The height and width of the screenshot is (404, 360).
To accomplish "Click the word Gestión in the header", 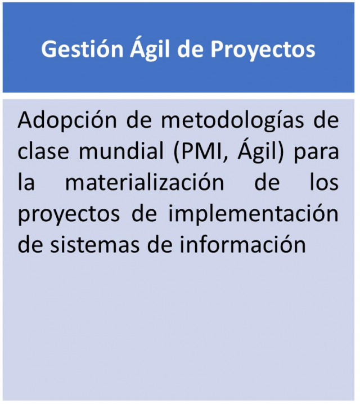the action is [x=82, y=50].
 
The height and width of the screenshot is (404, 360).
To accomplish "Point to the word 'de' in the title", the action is [x=190, y=48].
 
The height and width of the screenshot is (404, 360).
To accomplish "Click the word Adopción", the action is [x=67, y=120].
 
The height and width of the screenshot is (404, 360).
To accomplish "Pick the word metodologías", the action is [x=232, y=120].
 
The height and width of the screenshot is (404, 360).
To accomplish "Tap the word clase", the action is [x=43, y=151].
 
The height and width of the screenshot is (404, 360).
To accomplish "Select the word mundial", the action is [x=121, y=151].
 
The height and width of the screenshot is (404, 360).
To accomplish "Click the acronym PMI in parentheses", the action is [x=201, y=152].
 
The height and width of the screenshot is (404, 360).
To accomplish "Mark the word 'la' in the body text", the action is [x=26, y=182].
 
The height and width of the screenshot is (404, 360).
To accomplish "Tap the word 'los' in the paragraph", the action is [x=324, y=182].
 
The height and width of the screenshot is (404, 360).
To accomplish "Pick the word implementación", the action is [x=253, y=213].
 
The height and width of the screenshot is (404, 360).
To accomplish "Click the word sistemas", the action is [x=94, y=245].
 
